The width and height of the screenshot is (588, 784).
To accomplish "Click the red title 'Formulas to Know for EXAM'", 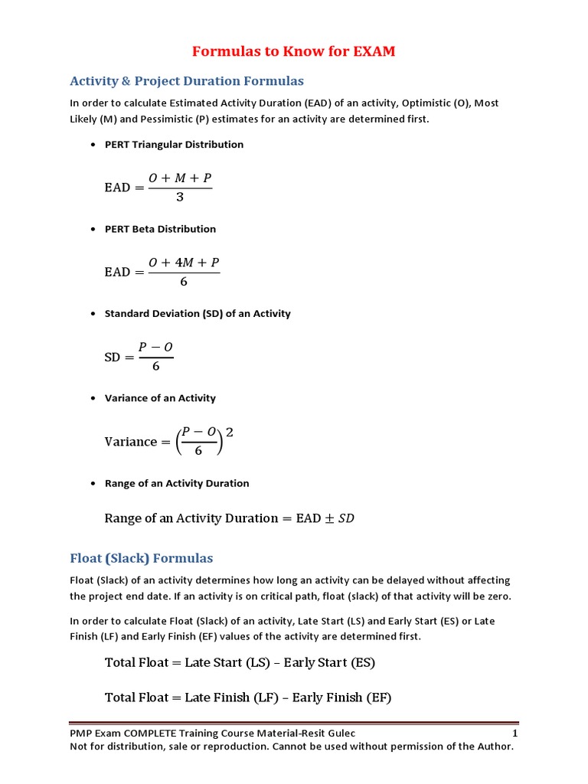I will click(x=293, y=52).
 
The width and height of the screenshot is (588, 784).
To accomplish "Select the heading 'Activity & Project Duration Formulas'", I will click(x=187, y=80).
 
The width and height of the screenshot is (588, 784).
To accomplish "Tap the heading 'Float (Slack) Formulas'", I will click(x=142, y=557).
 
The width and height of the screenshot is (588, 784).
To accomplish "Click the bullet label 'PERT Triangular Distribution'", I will click(x=174, y=144).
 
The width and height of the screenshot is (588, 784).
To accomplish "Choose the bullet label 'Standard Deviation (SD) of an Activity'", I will click(x=198, y=313).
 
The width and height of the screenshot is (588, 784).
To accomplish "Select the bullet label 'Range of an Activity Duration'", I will click(x=177, y=483).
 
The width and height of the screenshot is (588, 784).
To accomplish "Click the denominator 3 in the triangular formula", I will click(x=180, y=198).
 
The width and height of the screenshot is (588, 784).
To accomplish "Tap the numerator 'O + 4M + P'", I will click(x=184, y=263).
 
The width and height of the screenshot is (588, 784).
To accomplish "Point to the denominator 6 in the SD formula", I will click(x=156, y=367).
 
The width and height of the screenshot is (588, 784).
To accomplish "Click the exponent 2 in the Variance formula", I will click(x=229, y=433).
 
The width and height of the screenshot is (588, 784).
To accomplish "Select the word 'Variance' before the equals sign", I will click(x=130, y=442).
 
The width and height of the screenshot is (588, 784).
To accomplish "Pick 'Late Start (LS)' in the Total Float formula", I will click(x=227, y=662).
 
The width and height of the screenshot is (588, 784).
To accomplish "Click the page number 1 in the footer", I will click(x=515, y=733).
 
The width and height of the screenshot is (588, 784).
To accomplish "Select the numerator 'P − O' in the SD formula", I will click(x=156, y=347).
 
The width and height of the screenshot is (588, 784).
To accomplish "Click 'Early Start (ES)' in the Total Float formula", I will click(x=329, y=662).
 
